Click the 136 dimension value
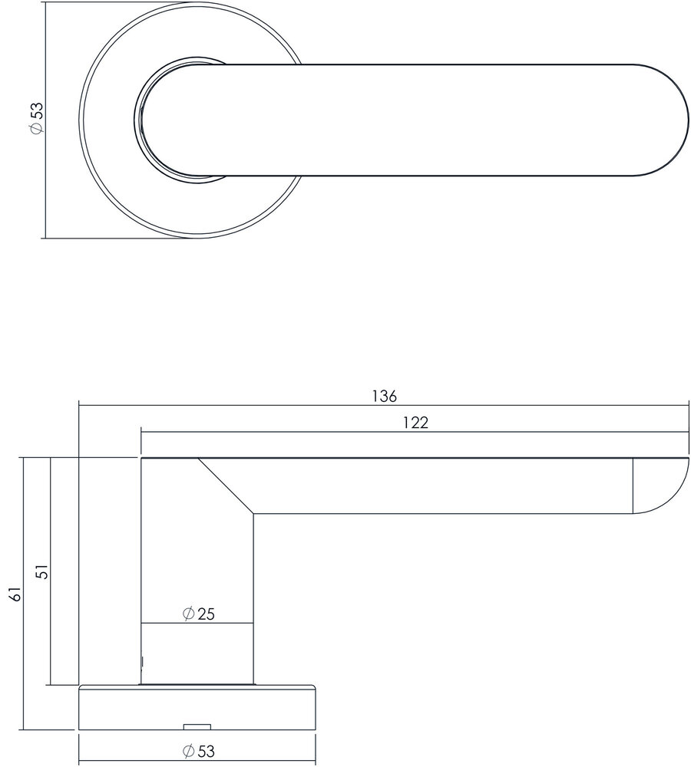[384, 396]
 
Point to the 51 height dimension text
[43, 571]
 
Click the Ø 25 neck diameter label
[197, 614]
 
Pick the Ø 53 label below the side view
[197, 751]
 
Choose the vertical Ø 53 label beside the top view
[35, 119]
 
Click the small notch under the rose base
[197, 725]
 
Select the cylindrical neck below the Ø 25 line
[197, 652]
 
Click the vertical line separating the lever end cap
[633, 486]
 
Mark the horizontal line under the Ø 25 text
[197, 623]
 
